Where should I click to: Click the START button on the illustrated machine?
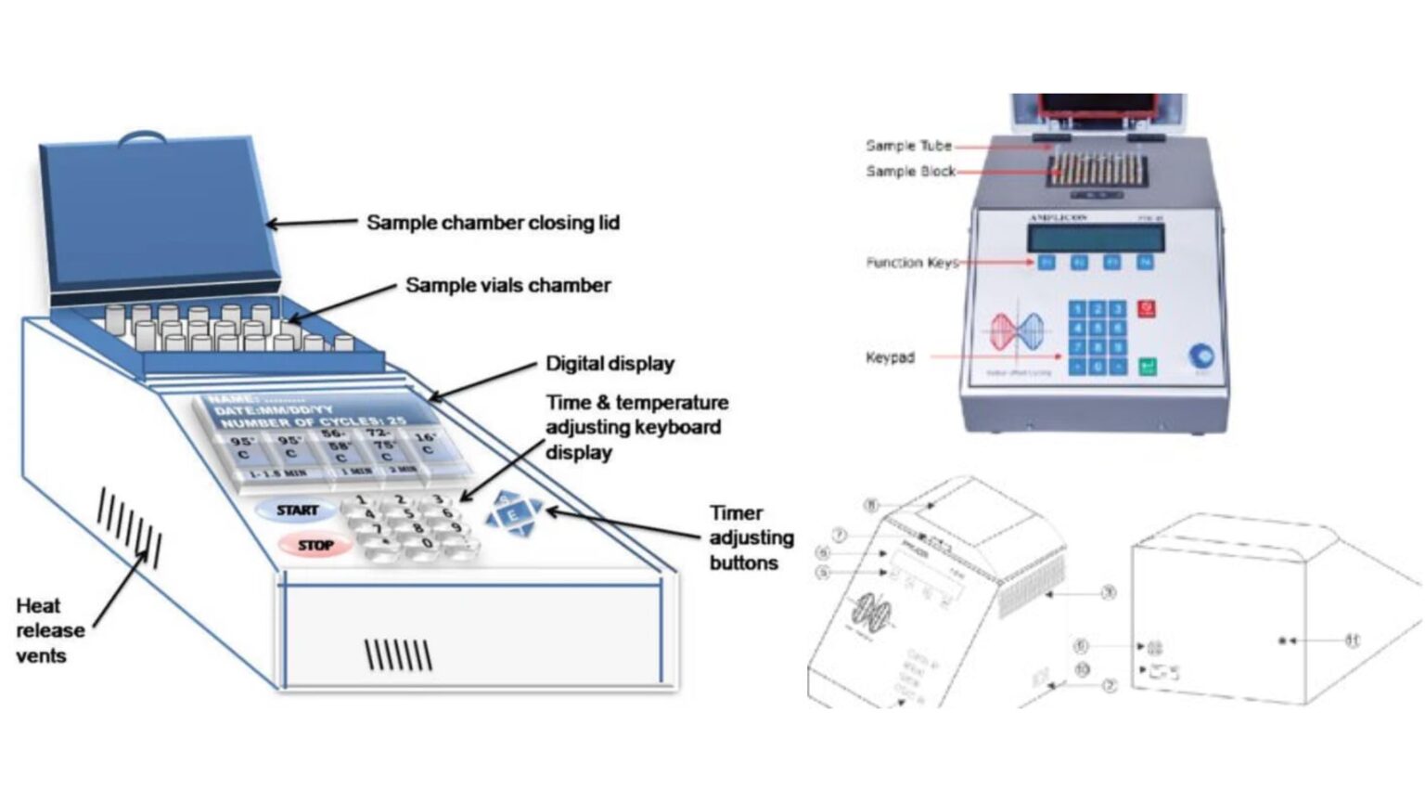tap(296, 511)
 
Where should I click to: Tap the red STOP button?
tap(315, 545)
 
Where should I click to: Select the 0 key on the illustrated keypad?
tap(427, 543)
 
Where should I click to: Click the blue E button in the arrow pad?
tap(511, 513)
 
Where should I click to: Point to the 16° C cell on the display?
tap(426, 444)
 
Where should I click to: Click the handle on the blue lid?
tap(144, 137)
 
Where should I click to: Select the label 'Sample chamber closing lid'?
tap(493, 223)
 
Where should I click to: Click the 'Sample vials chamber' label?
tap(507, 285)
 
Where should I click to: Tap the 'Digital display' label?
tap(610, 363)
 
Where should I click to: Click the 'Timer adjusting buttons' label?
tap(751, 537)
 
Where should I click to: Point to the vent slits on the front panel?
tap(398, 654)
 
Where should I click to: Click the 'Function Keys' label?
tap(911, 263)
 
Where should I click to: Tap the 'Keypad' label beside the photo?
tap(890, 357)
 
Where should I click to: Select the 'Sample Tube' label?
tap(908, 146)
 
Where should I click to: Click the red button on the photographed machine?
tap(1146, 308)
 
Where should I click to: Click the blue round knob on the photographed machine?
tap(1200, 355)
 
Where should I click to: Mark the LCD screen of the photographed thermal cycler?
tap(1095, 238)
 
